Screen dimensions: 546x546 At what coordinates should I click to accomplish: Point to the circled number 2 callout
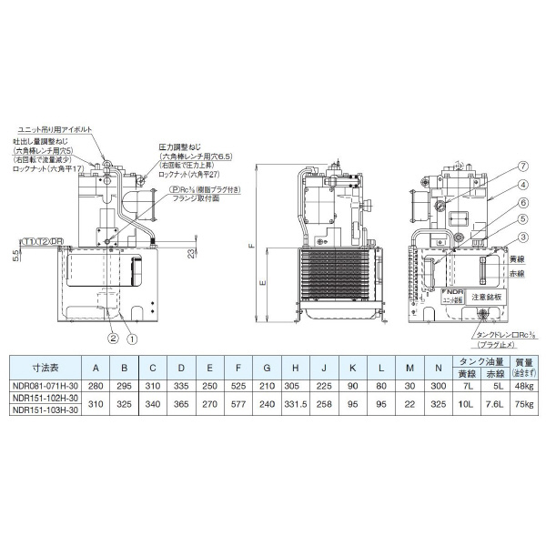[x=114, y=339]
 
